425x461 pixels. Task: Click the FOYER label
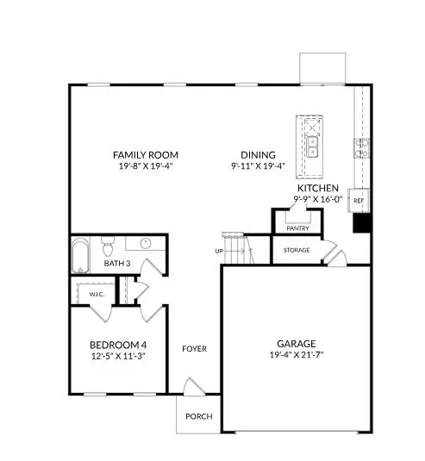click(x=194, y=348)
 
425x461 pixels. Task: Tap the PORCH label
click(x=199, y=417)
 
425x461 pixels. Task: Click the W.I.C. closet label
click(x=96, y=294)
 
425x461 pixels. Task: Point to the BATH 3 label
click(x=93, y=263)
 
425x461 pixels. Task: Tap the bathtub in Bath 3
click(x=80, y=249)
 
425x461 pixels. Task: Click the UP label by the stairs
click(x=220, y=251)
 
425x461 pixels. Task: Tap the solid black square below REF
click(x=362, y=222)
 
